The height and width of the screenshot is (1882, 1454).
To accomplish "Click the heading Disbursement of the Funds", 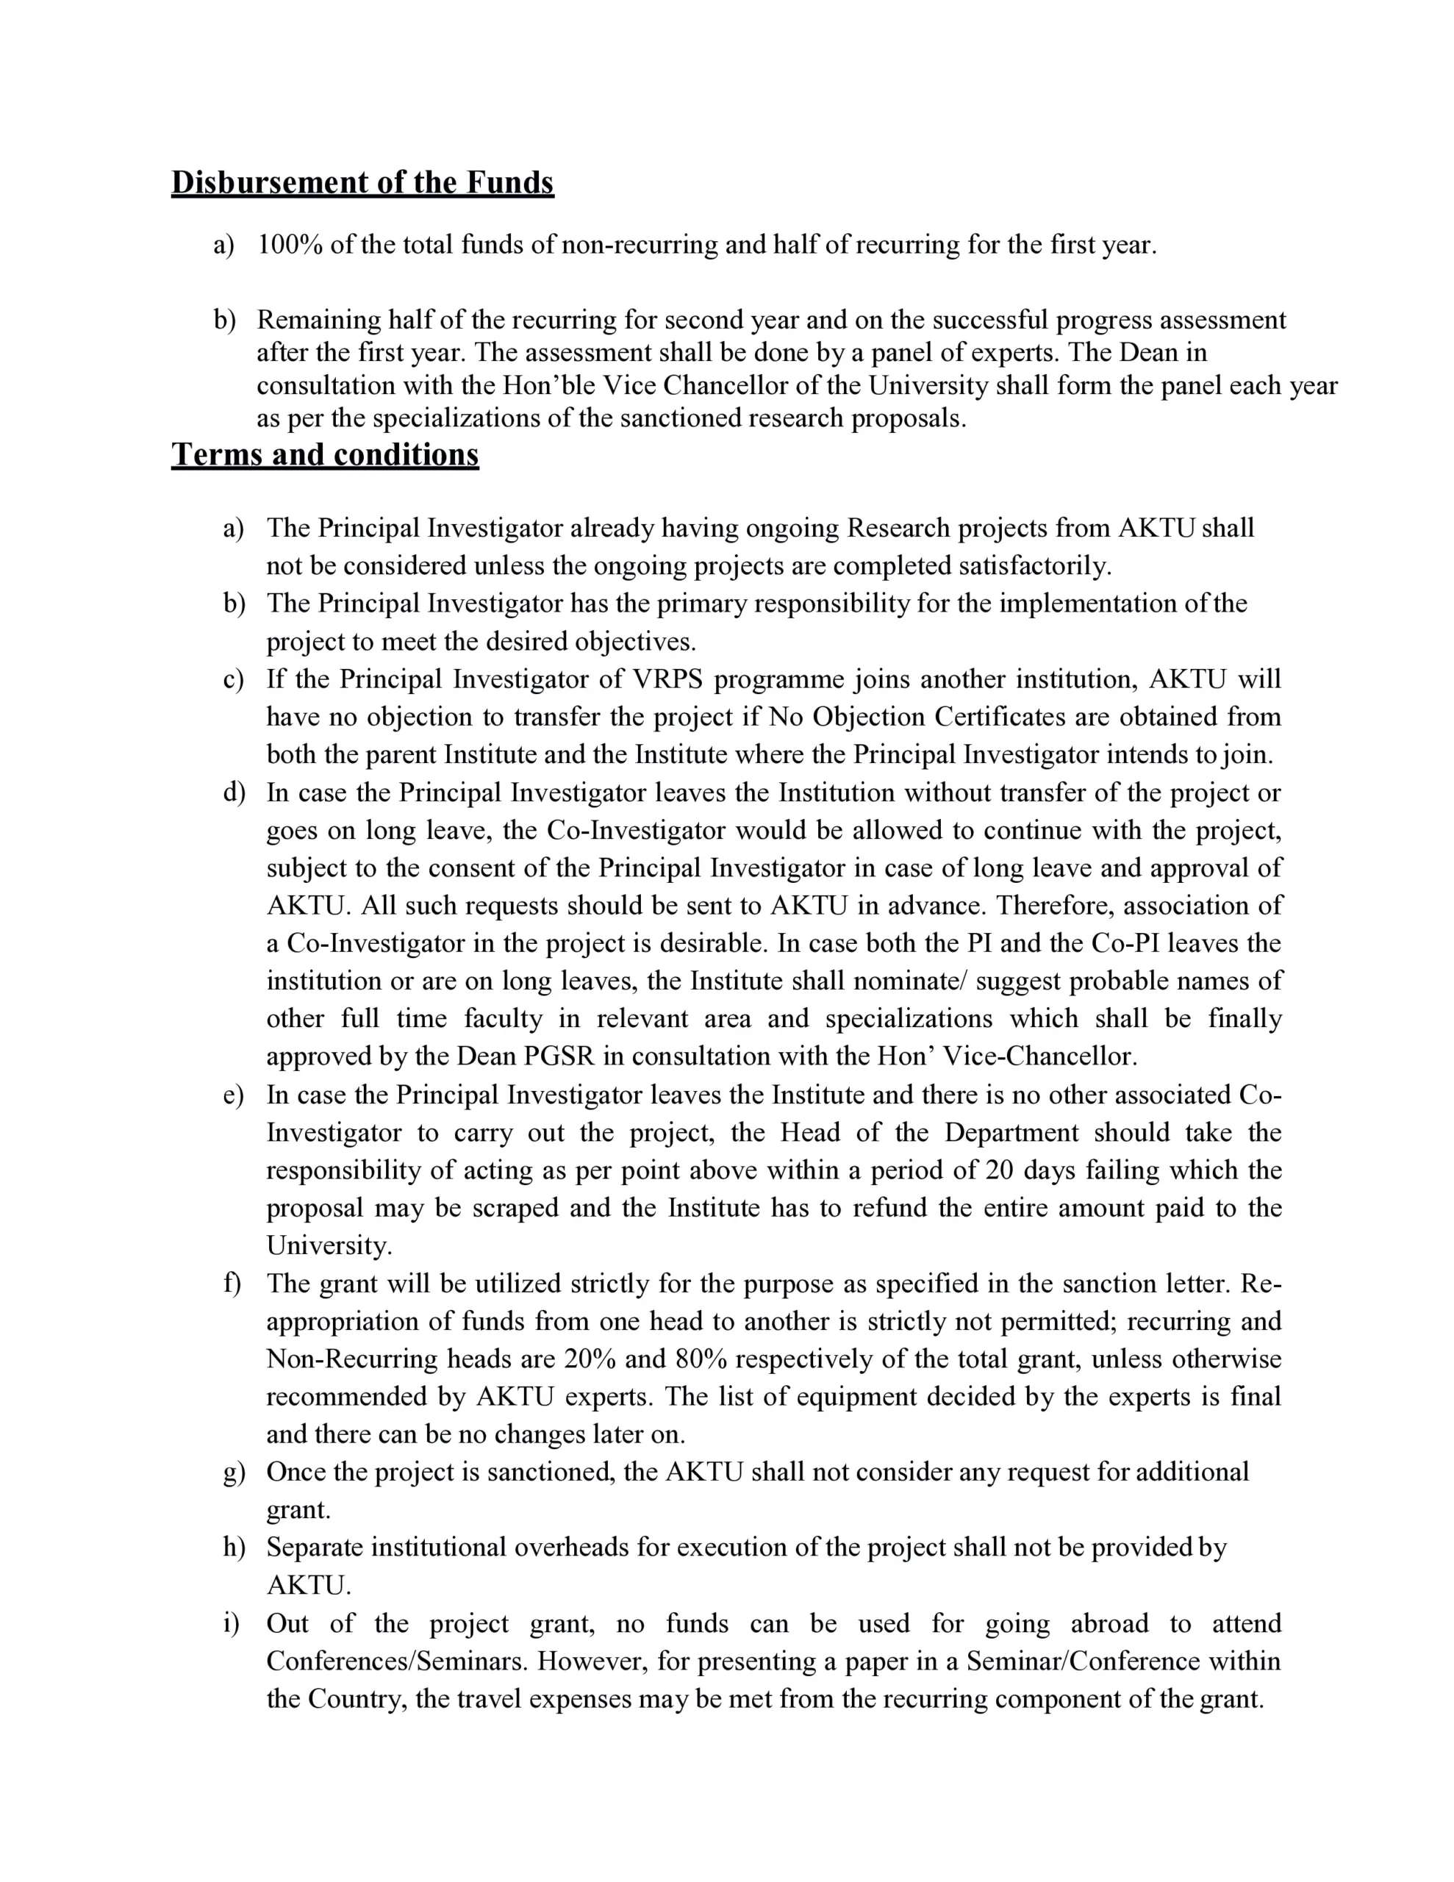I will (x=362, y=182).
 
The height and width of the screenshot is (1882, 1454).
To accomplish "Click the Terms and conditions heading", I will (x=325, y=454).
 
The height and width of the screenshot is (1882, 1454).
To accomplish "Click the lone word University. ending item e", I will (x=329, y=1245).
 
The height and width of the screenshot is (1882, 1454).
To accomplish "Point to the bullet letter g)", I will (x=234, y=1472).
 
